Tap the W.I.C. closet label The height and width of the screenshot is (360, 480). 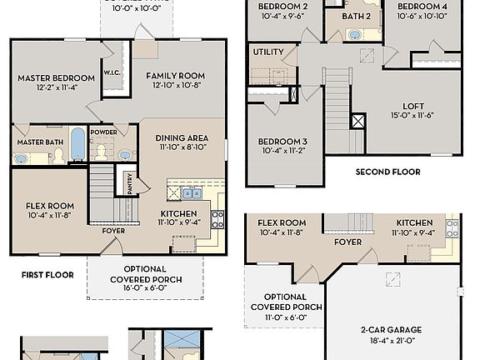[x=112, y=72]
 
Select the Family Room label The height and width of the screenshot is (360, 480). [x=176, y=76]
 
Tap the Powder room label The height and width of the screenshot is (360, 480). [x=103, y=132]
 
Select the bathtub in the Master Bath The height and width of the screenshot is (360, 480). [x=76, y=144]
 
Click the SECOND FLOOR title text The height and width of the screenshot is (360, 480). [x=387, y=172]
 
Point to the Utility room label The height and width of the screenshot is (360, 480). [x=268, y=52]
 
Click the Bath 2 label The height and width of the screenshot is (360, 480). [x=356, y=16]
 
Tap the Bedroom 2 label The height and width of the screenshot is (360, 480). [x=282, y=7]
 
